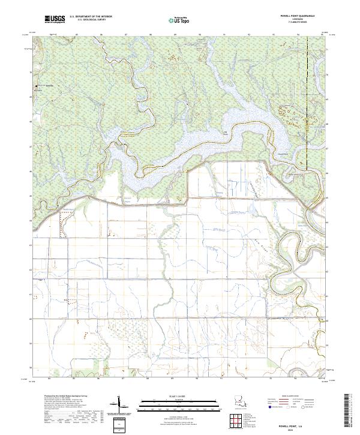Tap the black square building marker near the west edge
37,86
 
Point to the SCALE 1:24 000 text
170,396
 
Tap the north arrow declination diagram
120,405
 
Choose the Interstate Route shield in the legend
269,407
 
